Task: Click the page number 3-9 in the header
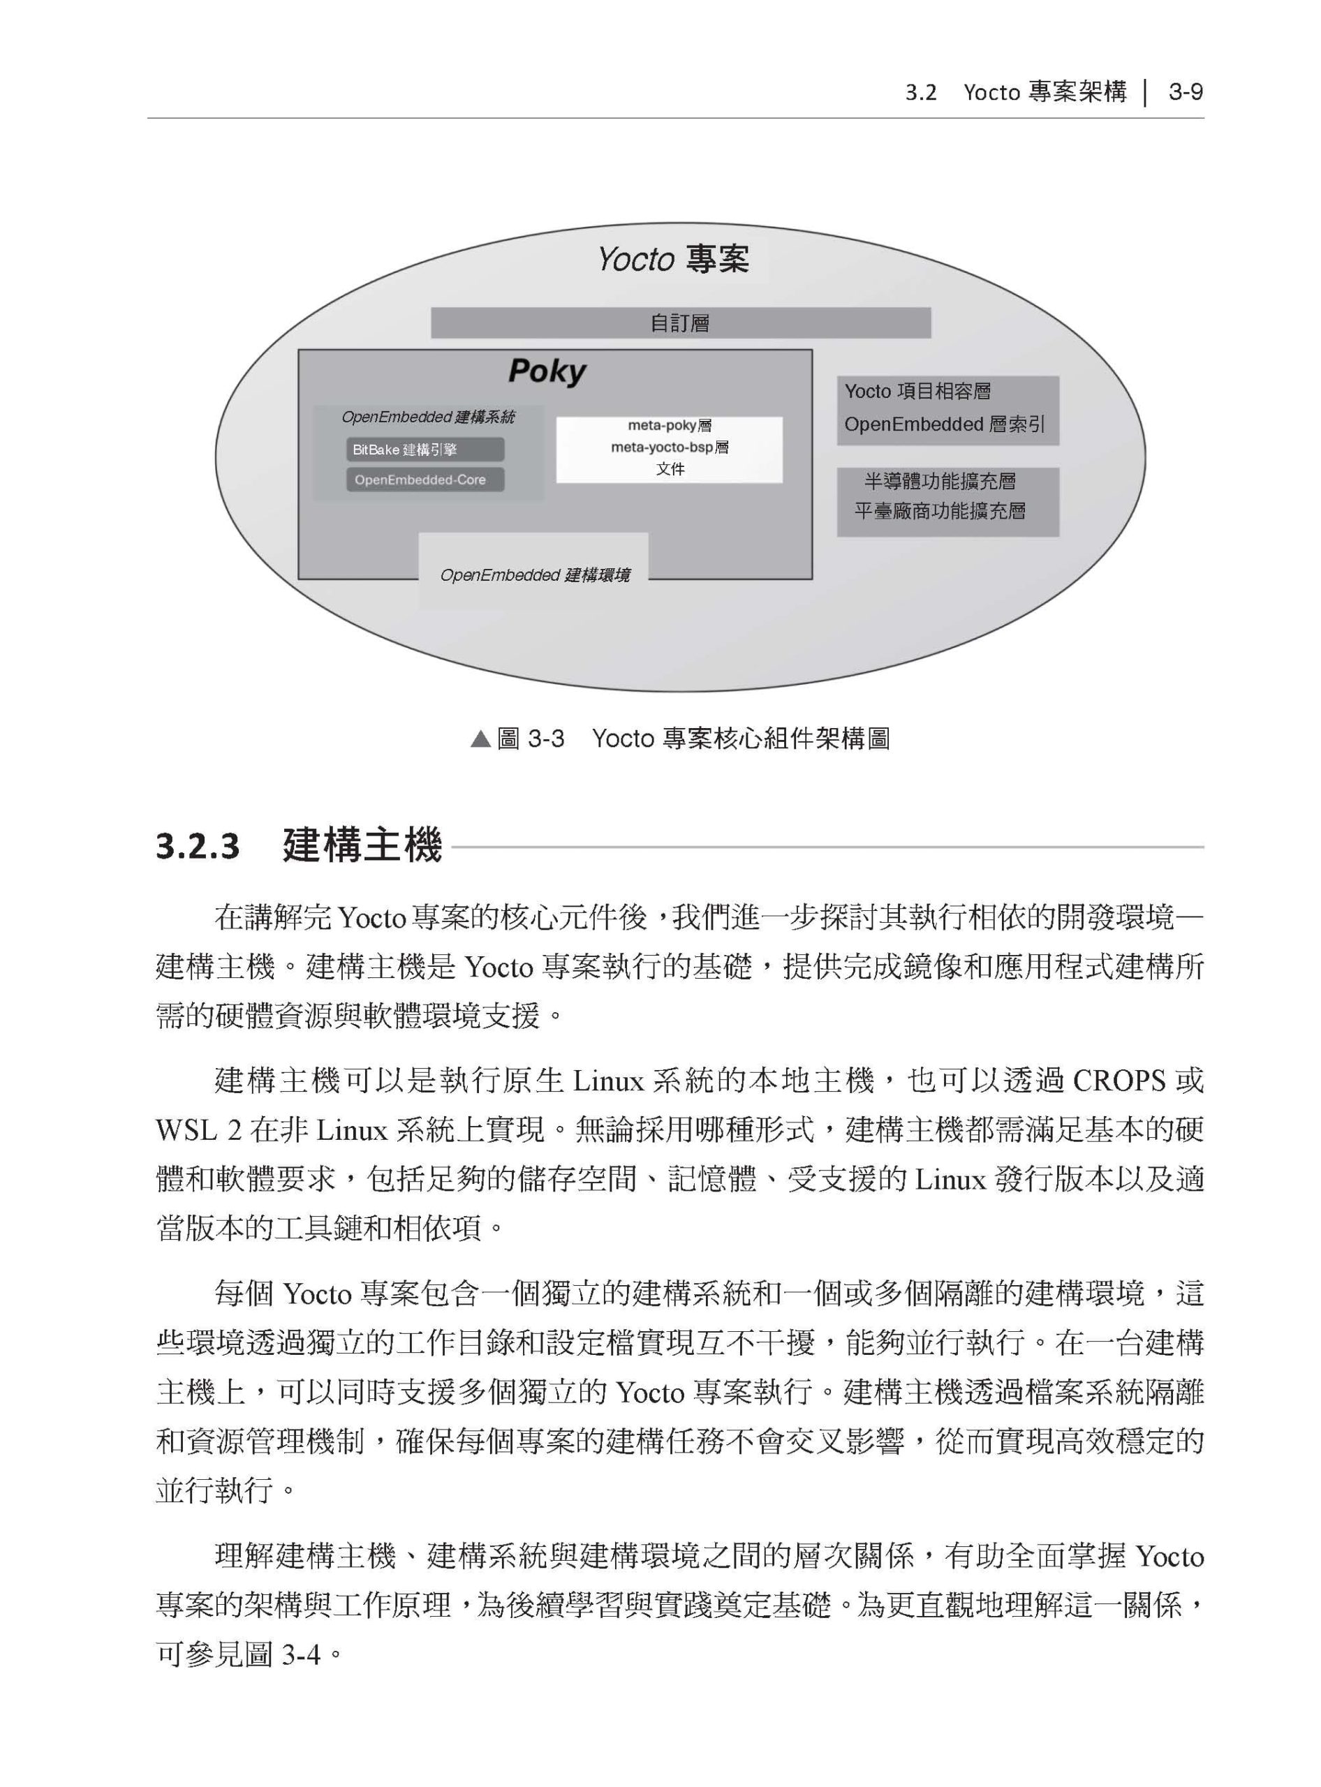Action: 1185,93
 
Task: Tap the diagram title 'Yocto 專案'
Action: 673,259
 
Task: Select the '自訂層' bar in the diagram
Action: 681,323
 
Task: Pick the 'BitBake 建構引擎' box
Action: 425,450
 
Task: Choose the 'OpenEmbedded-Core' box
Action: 425,480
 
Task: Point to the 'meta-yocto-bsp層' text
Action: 670,447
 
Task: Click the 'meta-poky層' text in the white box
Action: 670,425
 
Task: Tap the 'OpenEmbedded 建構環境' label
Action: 534,575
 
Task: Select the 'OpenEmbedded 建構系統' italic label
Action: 428,417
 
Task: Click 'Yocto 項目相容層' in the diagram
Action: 917,391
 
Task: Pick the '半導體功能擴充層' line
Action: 940,482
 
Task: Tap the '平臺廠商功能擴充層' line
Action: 940,512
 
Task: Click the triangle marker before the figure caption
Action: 480,739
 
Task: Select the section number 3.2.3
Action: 198,847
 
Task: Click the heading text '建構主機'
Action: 362,846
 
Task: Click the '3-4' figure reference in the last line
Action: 302,1654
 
